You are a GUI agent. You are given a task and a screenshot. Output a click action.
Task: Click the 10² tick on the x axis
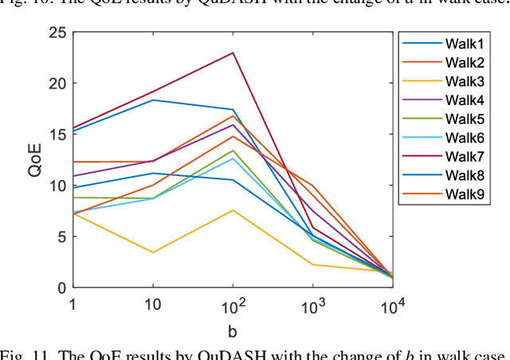point(233,307)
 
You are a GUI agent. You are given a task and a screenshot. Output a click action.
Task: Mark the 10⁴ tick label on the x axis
point(392,307)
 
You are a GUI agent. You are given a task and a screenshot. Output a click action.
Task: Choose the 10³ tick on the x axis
point(312,307)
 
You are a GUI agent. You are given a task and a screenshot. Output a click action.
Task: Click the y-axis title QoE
point(33,159)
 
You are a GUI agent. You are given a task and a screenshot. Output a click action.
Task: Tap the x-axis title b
point(232,328)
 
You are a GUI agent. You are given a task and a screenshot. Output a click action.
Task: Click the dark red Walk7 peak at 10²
point(233,53)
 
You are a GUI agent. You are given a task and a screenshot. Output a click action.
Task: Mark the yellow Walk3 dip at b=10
point(153,252)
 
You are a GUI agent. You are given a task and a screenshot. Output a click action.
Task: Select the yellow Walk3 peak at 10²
point(233,210)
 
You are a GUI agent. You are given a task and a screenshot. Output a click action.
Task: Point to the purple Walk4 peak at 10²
point(233,124)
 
